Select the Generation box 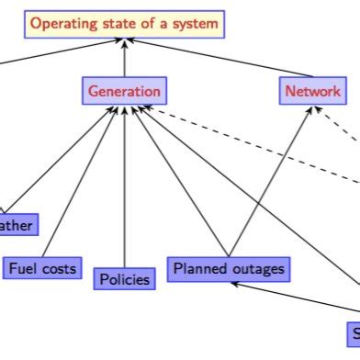[x=125, y=91]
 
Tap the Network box [x=313, y=91]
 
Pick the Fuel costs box [x=42, y=268]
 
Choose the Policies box [x=123, y=278]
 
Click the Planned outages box [x=229, y=268]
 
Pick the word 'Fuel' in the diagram [x=23, y=268]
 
